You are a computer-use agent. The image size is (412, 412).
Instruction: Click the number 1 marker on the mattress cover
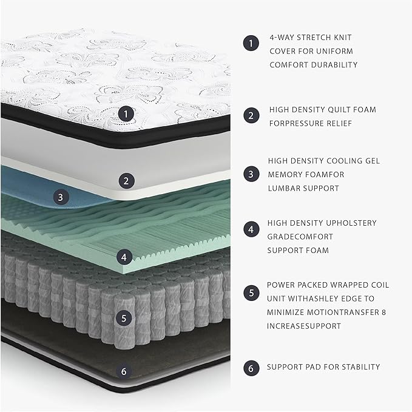point(126,113)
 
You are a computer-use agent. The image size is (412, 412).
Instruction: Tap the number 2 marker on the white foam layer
point(126,180)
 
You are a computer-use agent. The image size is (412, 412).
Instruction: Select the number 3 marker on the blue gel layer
point(59,197)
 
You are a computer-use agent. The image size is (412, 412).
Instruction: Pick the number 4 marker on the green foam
point(124,257)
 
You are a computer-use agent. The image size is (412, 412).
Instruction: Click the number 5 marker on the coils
point(124,317)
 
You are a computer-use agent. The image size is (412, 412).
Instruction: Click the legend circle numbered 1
point(250,43)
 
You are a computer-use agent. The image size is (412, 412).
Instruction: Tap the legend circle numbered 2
point(250,115)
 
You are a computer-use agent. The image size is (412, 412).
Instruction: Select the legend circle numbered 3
point(250,174)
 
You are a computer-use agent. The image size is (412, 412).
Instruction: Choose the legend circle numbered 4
point(250,229)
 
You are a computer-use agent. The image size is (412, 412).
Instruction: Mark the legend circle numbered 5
point(250,292)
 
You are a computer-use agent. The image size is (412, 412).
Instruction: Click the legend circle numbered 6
point(250,367)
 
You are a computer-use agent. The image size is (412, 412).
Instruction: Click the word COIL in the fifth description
point(380,285)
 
